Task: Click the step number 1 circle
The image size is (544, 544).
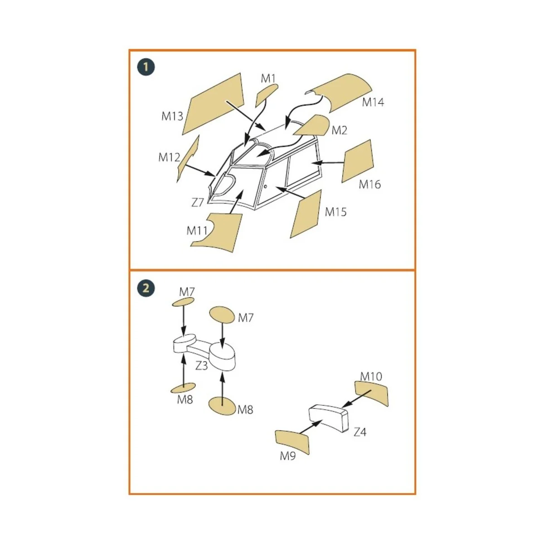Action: tap(146, 67)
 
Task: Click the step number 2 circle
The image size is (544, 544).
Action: tap(146, 288)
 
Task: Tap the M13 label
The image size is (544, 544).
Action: tap(172, 116)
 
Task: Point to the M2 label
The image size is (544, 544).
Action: tap(340, 131)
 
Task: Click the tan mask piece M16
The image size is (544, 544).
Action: tap(357, 161)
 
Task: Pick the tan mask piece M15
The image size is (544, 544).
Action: tap(306, 214)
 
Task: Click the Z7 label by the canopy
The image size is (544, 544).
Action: tap(197, 202)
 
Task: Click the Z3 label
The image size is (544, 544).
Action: tap(202, 365)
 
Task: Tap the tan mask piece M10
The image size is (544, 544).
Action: tap(372, 393)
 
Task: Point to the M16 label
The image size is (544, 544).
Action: tap(370, 184)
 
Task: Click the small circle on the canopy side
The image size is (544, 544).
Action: tap(265, 186)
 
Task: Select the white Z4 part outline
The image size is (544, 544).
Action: tap(328, 419)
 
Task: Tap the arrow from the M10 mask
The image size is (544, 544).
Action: tap(357, 398)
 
